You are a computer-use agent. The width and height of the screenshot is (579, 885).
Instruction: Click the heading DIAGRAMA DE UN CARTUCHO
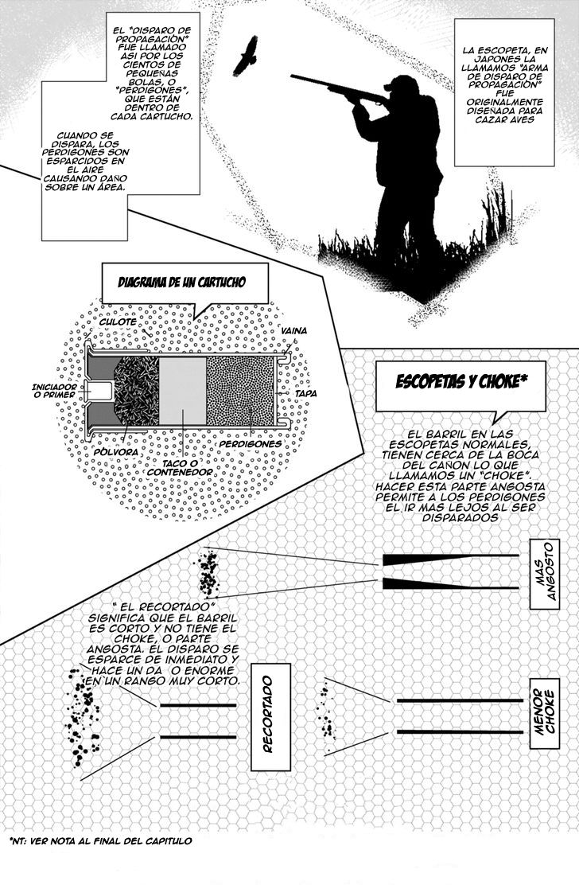coord(181,283)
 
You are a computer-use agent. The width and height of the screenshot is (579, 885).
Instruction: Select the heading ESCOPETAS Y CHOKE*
coord(462,381)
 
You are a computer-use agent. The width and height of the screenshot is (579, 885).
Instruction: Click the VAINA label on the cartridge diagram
coord(294,330)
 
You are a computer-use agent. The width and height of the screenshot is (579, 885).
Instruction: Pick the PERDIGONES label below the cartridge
coord(251,443)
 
